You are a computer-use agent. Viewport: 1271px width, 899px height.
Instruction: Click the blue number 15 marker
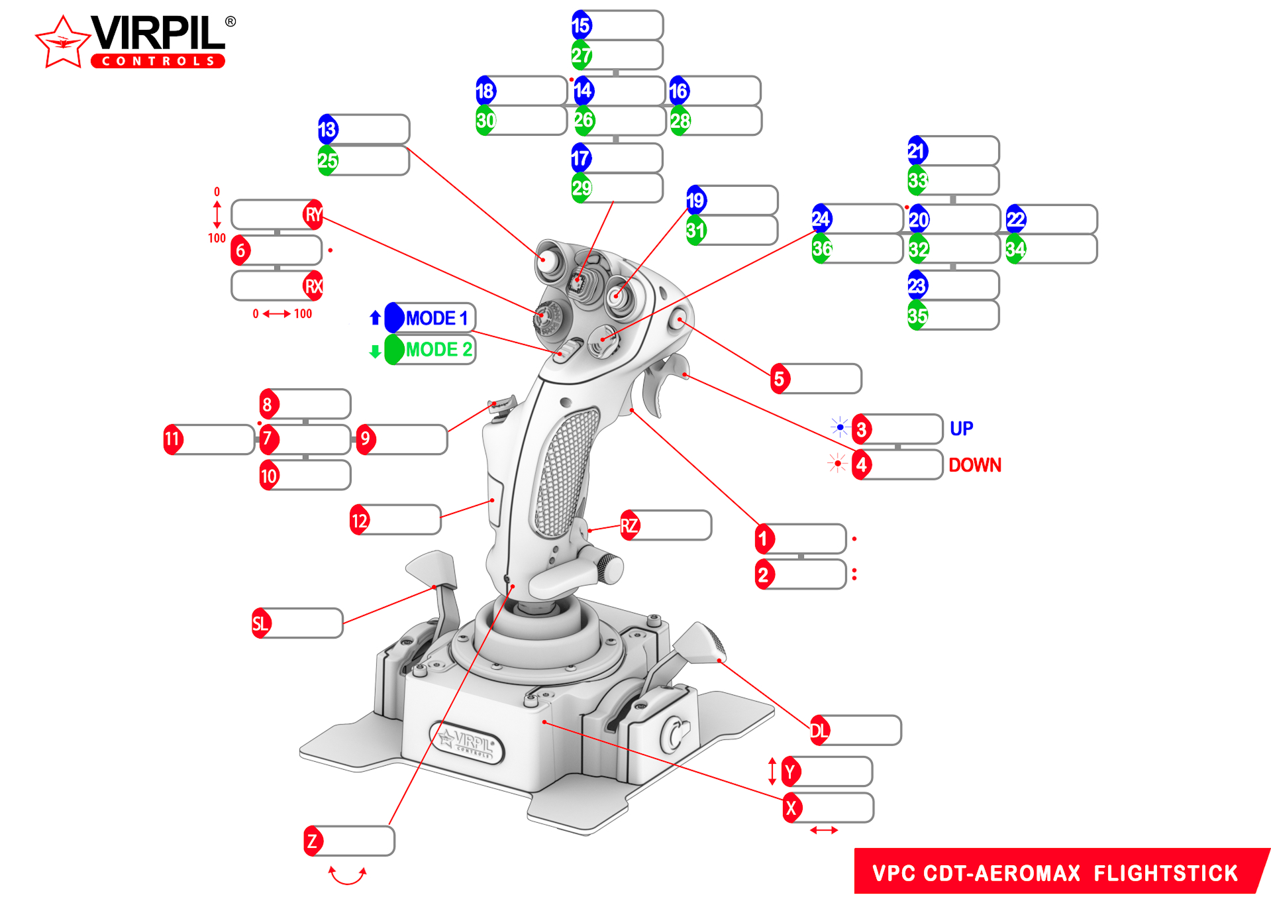click(x=581, y=25)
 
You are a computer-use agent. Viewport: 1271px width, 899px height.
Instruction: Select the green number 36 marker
click(x=821, y=248)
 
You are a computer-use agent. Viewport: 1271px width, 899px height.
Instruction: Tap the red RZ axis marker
click(x=629, y=526)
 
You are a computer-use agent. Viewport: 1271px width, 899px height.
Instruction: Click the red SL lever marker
click(x=261, y=623)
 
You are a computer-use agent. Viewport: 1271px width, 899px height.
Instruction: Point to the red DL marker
click(x=819, y=731)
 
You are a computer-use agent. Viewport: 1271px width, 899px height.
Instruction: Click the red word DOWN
click(x=974, y=465)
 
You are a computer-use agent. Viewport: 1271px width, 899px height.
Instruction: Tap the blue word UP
click(x=961, y=429)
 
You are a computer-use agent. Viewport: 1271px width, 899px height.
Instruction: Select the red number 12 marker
click(x=360, y=521)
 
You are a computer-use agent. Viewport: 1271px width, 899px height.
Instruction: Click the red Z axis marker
click(x=313, y=841)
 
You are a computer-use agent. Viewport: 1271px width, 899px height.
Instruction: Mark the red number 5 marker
click(x=780, y=379)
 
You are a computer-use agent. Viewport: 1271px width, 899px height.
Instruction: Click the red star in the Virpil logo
click(x=62, y=43)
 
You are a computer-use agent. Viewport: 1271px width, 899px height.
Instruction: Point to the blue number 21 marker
click(x=917, y=151)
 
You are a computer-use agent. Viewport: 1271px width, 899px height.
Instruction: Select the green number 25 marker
click(x=327, y=160)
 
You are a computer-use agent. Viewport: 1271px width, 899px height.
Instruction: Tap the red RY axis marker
click(x=313, y=215)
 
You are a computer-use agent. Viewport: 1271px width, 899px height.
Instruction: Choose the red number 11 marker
click(x=172, y=439)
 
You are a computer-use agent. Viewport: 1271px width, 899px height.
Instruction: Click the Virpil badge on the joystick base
click(x=467, y=742)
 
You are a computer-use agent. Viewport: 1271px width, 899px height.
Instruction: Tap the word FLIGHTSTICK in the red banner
click(x=1165, y=873)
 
